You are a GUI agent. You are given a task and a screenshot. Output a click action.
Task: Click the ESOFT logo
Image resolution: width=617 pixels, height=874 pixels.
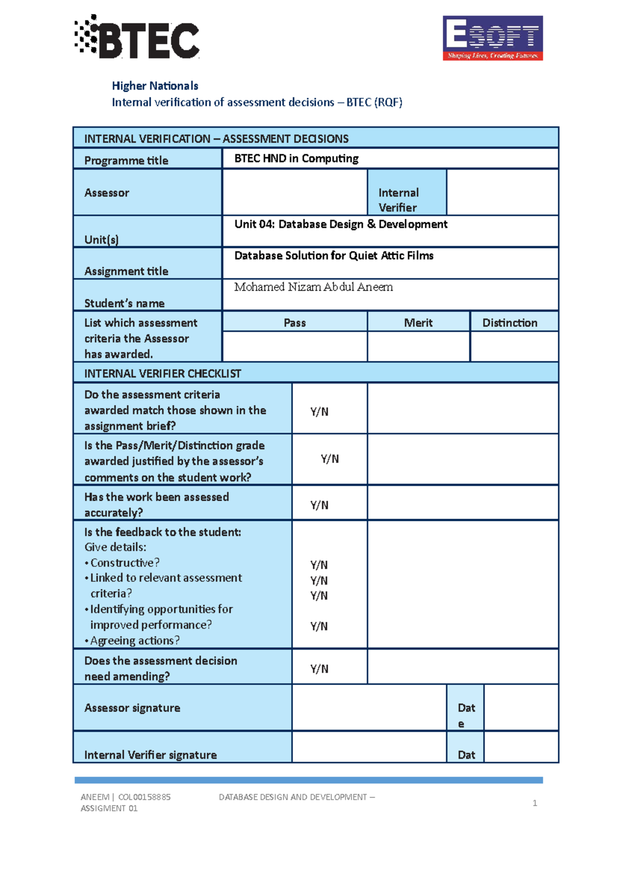point(493,38)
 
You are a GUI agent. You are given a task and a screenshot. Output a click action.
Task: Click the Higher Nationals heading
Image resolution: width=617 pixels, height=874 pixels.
point(155,86)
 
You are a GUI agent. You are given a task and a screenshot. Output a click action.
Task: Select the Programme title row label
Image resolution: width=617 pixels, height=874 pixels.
point(126,160)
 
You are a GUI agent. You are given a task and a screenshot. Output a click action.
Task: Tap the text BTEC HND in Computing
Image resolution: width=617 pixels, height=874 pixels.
point(296,159)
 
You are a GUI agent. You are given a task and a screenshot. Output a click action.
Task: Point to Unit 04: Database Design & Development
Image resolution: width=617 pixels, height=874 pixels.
point(340,224)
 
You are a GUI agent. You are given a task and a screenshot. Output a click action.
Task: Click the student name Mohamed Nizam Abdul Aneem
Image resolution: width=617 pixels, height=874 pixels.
point(313,287)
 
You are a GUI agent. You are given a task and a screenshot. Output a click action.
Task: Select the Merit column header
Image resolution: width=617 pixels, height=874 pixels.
point(418,323)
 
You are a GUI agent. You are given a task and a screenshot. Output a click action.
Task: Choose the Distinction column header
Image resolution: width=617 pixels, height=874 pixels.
point(510,323)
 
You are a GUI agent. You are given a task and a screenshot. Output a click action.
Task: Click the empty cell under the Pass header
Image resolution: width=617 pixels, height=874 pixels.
point(295,346)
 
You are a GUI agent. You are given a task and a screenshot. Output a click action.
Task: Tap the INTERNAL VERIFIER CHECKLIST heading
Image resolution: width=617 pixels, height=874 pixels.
point(162,374)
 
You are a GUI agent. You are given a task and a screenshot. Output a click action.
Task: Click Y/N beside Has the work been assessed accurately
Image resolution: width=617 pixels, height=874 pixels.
point(319,505)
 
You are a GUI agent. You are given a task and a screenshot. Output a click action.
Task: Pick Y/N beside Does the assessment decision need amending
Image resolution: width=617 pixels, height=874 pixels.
point(319,669)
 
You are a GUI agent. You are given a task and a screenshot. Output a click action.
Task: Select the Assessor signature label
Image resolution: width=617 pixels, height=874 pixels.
point(132,708)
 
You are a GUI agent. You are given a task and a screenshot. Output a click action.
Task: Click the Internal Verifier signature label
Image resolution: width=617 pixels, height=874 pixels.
point(150,755)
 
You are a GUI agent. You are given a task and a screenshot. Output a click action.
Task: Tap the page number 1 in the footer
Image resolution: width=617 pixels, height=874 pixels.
point(535,803)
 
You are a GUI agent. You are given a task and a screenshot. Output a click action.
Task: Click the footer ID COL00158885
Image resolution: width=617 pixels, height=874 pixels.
point(144,797)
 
